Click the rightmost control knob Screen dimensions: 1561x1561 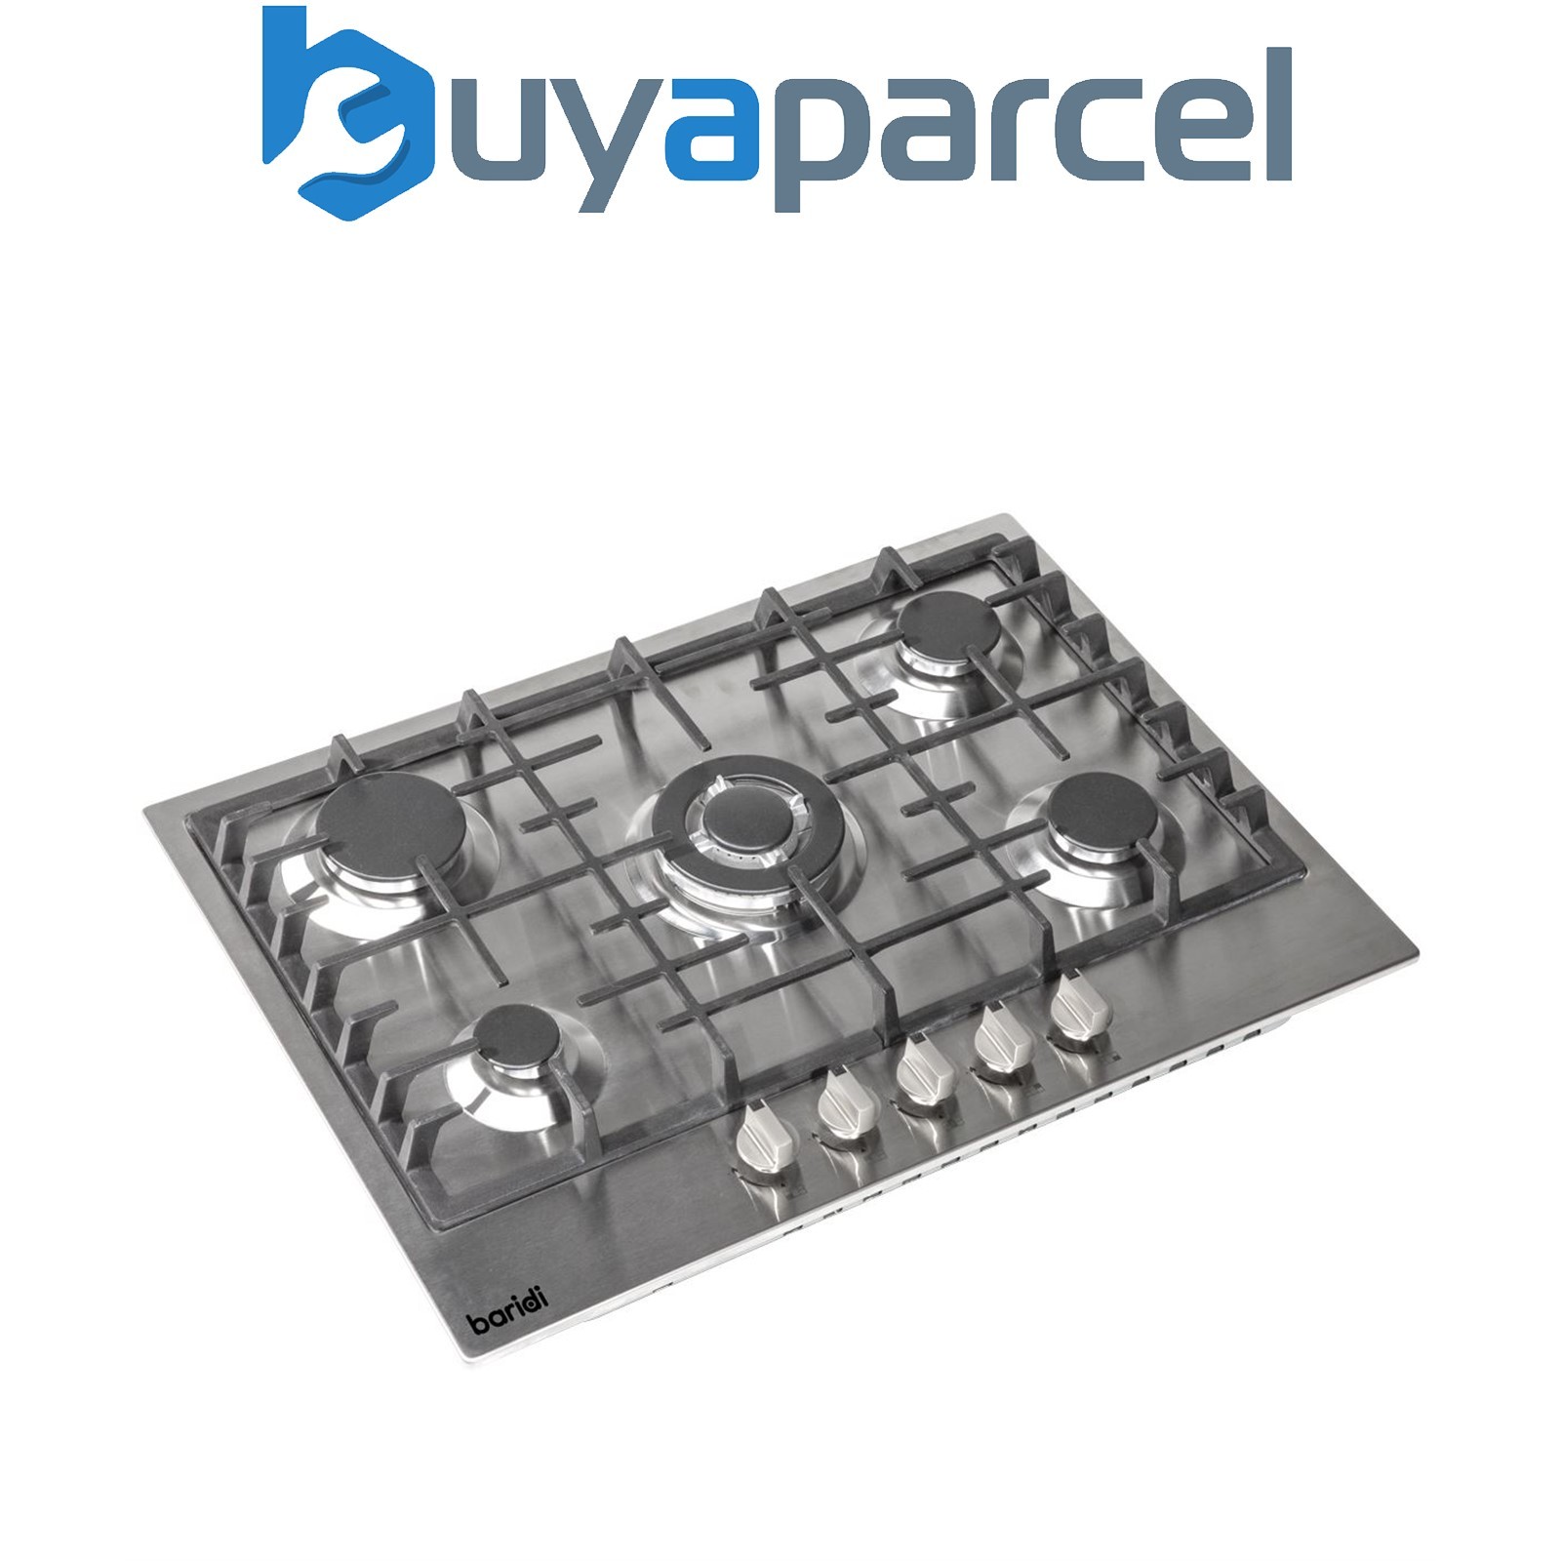coord(1080,1010)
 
